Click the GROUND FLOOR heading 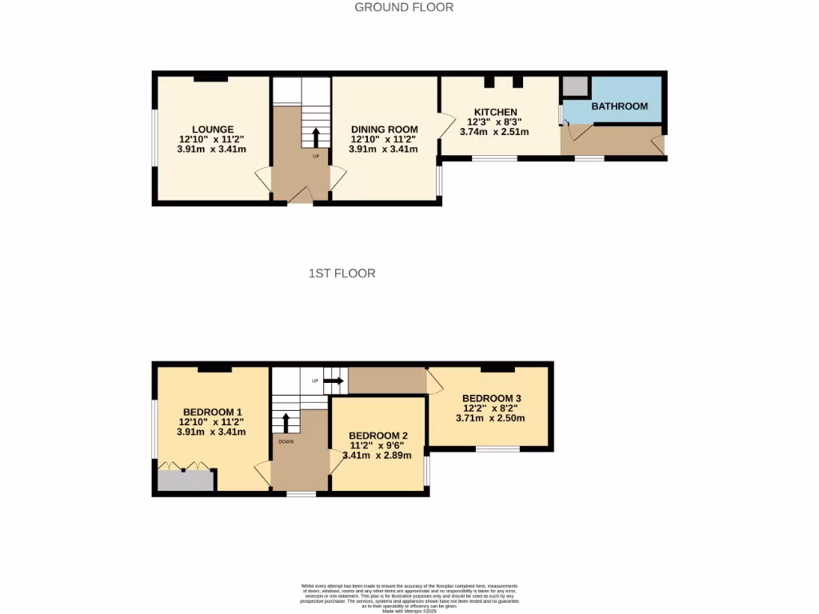pyautogui.click(x=404, y=7)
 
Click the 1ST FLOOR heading pyautogui.click(x=342, y=273)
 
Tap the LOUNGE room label pyautogui.click(x=213, y=130)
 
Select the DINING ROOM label pyautogui.click(x=384, y=130)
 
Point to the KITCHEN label pyautogui.click(x=495, y=112)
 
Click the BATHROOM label pyautogui.click(x=619, y=106)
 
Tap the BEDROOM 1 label pyautogui.click(x=212, y=412)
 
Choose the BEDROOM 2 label pyautogui.click(x=379, y=436)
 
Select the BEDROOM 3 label pyautogui.click(x=492, y=398)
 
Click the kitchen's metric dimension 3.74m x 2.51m pyautogui.click(x=494, y=132)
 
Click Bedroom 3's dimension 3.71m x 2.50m pyautogui.click(x=490, y=417)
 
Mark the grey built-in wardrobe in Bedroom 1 pyautogui.click(x=186, y=480)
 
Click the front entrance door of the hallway pyautogui.click(x=301, y=197)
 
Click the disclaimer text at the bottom pyautogui.click(x=409, y=597)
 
